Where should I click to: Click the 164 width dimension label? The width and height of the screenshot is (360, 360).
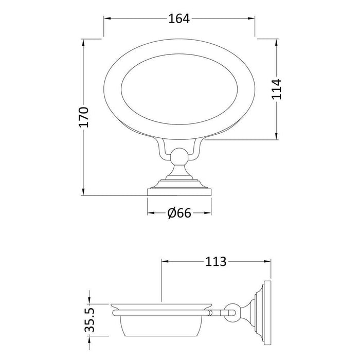point(179,19)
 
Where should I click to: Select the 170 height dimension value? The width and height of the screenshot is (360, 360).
point(83,117)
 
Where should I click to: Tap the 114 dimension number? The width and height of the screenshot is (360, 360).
point(277,89)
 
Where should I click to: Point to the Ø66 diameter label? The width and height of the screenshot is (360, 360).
point(179,213)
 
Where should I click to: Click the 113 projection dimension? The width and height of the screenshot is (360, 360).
point(215,261)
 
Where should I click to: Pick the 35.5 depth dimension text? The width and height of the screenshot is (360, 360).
point(89,320)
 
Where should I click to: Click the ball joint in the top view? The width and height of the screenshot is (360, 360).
point(179,157)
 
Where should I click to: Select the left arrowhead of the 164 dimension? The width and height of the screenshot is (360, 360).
point(107,19)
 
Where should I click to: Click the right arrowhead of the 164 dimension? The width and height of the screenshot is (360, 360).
point(251,19)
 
